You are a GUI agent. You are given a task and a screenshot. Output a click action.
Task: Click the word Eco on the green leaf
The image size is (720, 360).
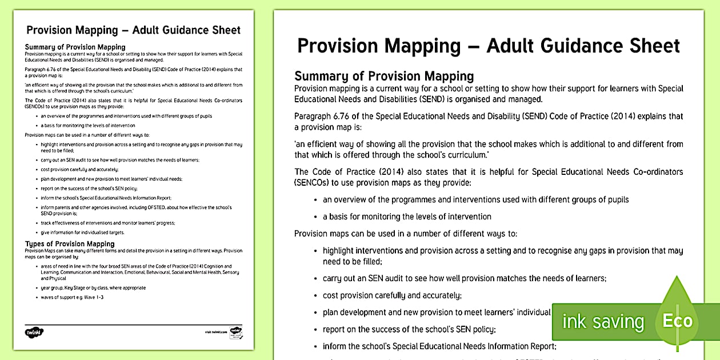(678, 321)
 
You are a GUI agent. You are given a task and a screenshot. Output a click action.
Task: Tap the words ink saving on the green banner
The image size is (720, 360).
(603, 322)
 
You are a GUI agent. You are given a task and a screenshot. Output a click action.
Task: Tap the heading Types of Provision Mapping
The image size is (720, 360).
(70, 244)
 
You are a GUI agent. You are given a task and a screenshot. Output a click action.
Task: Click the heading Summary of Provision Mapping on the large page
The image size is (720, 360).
(384, 76)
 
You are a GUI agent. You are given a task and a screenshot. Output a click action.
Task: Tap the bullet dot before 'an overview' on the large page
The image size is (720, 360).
(316, 200)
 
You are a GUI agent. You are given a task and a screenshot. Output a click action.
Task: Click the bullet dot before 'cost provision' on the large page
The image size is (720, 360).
(316, 296)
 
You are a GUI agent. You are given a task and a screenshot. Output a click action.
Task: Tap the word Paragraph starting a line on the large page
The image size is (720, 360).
(313, 117)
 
